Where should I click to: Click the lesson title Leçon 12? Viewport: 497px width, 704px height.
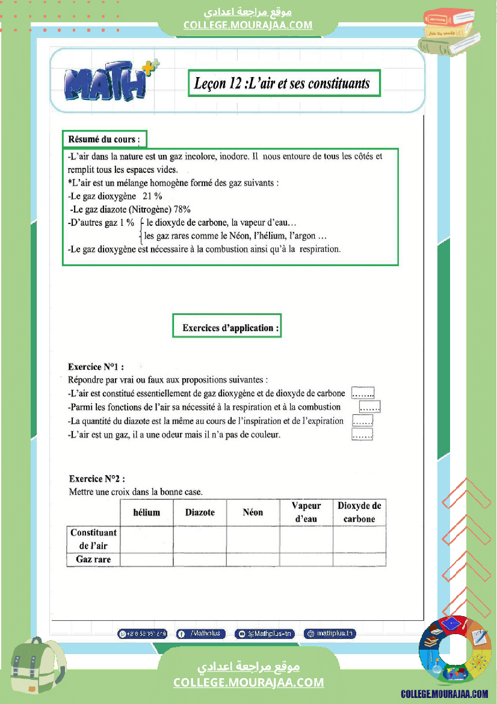pos(282,83)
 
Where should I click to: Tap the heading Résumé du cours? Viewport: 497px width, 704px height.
pos(104,139)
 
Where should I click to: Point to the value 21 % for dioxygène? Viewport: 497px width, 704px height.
pos(153,196)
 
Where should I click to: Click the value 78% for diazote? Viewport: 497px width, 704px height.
pos(182,210)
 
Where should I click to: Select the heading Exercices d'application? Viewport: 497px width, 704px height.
pos(227,328)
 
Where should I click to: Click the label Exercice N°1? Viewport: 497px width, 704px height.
pos(96,366)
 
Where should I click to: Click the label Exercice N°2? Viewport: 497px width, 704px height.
pos(97,479)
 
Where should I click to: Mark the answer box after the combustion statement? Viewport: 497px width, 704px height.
pos(371,407)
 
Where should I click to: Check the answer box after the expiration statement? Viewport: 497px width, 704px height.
pos(363,421)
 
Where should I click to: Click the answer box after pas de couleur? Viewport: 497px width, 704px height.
pos(363,434)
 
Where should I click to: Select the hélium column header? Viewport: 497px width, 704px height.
pos(147,512)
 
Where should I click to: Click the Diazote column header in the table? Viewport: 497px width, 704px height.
pos(200,512)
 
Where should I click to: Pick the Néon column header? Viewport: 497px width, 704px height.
pos(253,512)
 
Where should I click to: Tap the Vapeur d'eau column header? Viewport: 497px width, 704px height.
pos(306,512)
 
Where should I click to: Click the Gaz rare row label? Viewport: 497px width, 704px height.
pos(93,559)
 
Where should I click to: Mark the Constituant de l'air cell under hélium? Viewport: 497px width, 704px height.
pos(147,539)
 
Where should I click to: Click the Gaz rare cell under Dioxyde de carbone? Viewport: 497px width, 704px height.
pos(359,559)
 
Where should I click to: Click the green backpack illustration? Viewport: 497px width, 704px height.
pos(37,670)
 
